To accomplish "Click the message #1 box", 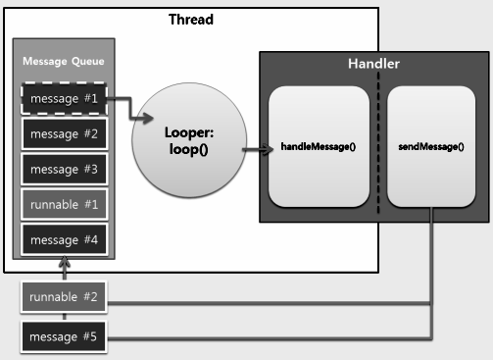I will (64, 99).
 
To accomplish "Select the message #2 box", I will (64, 133).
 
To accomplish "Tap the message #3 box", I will (64, 168).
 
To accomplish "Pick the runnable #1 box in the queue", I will (64, 204).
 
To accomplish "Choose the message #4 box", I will (64, 237).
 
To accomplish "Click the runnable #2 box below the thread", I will (64, 296).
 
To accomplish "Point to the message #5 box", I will (64, 338).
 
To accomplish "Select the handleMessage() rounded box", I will (318, 147).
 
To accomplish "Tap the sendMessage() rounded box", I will (432, 147).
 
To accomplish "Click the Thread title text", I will (191, 19).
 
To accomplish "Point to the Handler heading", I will (372, 64).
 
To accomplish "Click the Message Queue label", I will (64, 63).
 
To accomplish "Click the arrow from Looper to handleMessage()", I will (255, 150).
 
